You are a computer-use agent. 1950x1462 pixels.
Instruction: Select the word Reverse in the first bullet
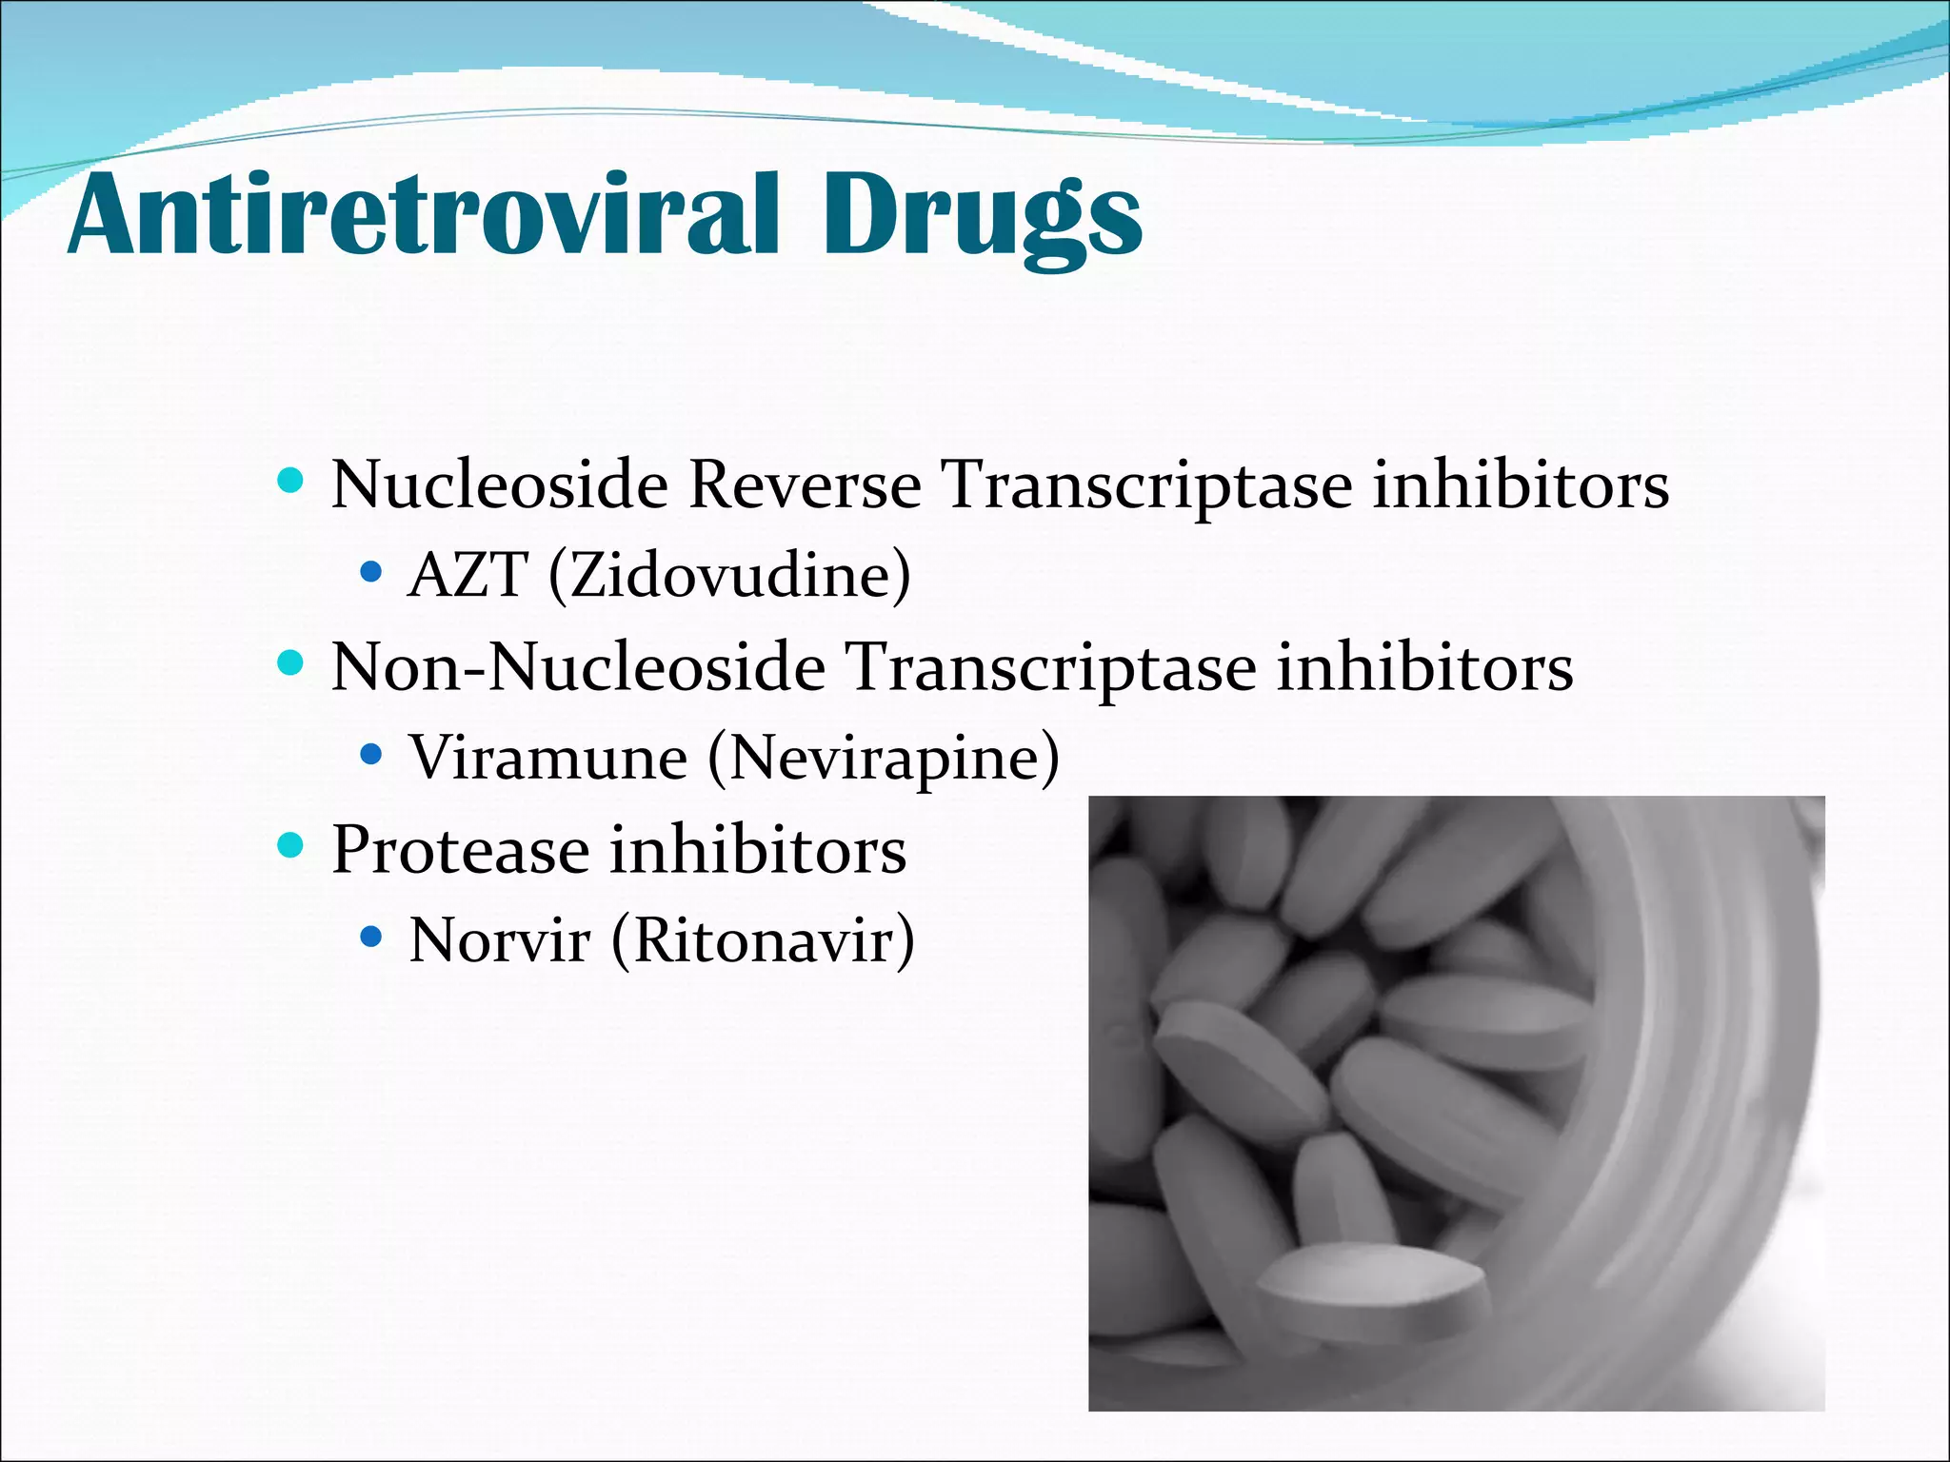[x=805, y=484]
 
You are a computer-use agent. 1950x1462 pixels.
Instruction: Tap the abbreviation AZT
[x=467, y=575]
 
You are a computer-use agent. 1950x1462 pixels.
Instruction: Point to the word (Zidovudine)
[x=729, y=575]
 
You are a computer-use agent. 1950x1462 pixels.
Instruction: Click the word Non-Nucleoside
[x=578, y=666]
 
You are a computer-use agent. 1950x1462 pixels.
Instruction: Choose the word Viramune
[x=547, y=758]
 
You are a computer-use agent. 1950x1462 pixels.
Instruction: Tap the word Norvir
[x=499, y=940]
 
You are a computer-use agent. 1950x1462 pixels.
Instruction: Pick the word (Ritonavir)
[x=763, y=940]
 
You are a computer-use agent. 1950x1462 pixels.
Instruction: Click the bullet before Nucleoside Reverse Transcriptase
[x=289, y=480]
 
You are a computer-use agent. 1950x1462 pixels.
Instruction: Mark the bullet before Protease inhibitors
[x=289, y=844]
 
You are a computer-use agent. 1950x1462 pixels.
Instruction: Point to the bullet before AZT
[x=371, y=573]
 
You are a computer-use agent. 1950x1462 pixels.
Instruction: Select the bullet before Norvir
[x=371, y=938]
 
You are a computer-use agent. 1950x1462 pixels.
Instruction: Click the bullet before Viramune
[x=371, y=756]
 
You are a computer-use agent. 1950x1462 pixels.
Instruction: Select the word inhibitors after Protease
[x=758, y=849]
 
